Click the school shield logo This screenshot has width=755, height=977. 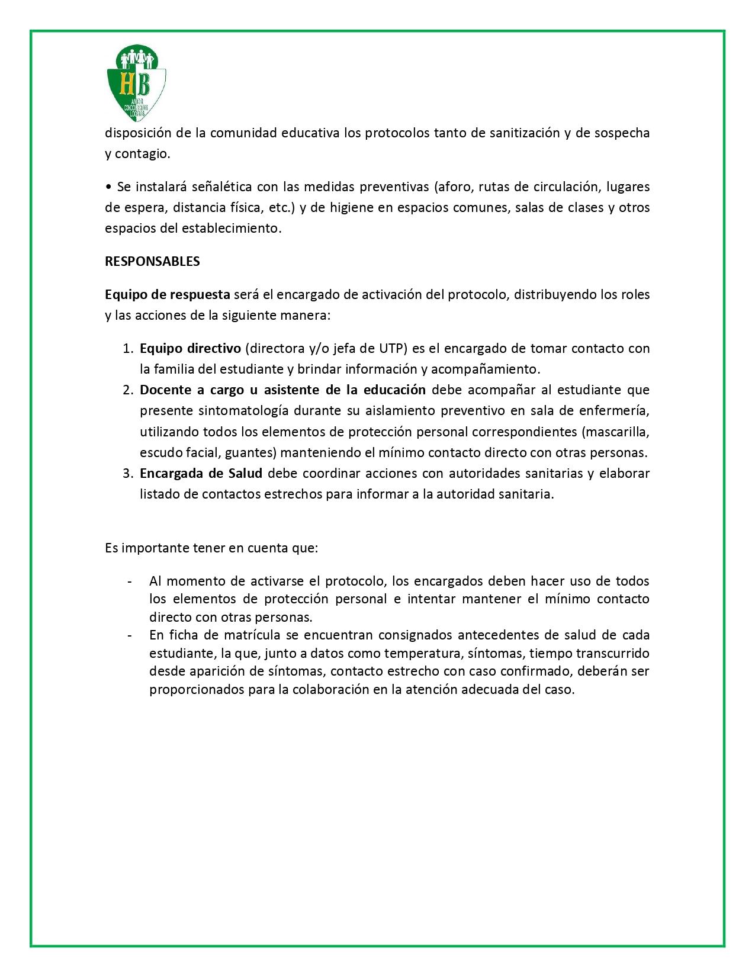tap(136, 83)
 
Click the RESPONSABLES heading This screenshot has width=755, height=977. tap(152, 262)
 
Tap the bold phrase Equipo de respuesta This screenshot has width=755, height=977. tap(168, 295)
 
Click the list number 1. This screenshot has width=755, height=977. tap(127, 349)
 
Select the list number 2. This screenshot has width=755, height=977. tap(127, 390)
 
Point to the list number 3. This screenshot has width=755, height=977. tap(127, 474)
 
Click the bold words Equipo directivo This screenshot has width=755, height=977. tap(190, 349)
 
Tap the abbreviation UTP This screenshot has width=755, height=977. tap(391, 349)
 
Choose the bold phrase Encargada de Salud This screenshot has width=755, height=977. tap(201, 474)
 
